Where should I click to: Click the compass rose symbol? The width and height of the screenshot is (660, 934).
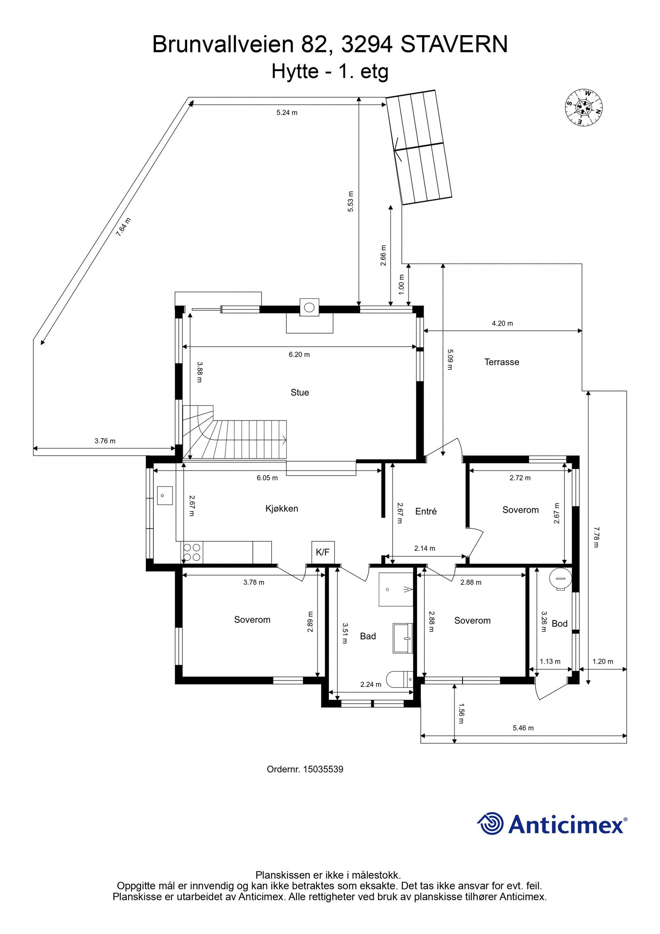584,107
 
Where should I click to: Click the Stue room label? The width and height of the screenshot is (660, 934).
299,393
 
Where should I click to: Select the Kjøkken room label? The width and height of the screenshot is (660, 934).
282,508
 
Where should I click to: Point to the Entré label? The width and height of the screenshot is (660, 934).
426,511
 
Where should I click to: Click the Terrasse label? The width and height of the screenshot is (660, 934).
502,362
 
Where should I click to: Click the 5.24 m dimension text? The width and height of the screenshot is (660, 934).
287,113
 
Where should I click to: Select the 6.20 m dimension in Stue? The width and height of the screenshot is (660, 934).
299,354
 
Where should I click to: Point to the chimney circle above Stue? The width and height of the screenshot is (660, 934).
309,307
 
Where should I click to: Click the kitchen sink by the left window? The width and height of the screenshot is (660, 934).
165,495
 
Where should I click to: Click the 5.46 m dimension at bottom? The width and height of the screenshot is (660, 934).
523,728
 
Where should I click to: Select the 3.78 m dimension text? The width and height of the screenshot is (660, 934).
254,582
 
